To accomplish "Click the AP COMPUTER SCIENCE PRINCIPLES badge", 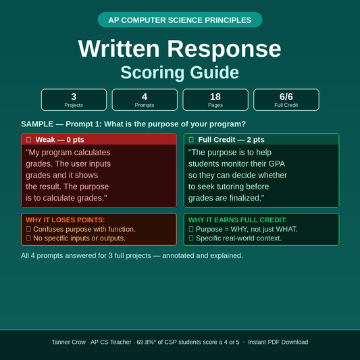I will (x=180, y=20).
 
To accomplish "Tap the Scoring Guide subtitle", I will (x=180, y=72).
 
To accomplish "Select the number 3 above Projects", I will (x=74, y=97).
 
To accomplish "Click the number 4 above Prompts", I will (x=145, y=97).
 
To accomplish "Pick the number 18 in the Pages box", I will (x=215, y=97).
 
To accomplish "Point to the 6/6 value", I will (x=286, y=97).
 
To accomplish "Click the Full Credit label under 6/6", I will (x=286, y=105).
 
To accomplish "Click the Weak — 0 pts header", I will (x=60, y=139).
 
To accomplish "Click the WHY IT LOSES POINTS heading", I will (x=65, y=220).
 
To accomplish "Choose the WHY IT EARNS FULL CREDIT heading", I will (x=237, y=220).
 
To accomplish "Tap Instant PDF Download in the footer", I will (x=278, y=342).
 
